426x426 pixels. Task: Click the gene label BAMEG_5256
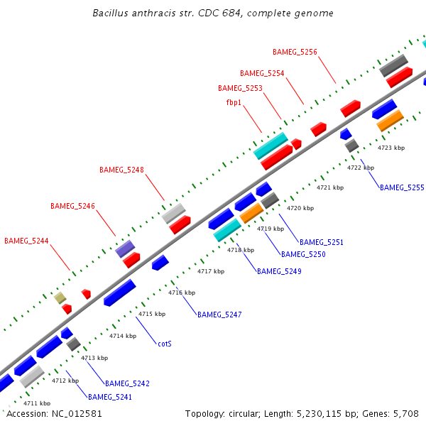click(295, 52)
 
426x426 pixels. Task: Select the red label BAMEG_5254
click(262, 73)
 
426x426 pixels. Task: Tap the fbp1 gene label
click(234, 102)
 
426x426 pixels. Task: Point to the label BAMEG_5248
click(121, 170)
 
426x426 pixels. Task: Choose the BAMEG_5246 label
click(72, 206)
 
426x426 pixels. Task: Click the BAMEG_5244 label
click(26, 241)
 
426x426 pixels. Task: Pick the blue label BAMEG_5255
click(402, 187)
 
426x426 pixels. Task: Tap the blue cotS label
click(165, 344)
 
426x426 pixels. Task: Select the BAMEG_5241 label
click(110, 397)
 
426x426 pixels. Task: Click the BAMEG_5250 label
click(303, 254)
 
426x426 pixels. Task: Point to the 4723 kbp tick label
click(391, 148)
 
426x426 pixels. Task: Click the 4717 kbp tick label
click(211, 272)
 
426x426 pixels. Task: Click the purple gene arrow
click(125, 248)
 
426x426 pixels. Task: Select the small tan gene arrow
click(60, 298)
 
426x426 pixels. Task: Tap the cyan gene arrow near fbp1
click(271, 146)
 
